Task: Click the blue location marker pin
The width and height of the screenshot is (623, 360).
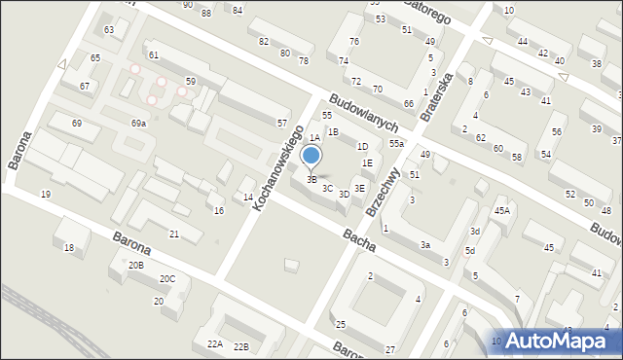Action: click(311, 156)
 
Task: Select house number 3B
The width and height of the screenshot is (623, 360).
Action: click(311, 179)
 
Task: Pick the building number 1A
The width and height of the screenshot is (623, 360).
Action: click(314, 139)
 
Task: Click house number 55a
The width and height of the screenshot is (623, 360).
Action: click(396, 144)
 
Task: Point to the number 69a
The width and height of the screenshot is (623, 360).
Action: click(138, 124)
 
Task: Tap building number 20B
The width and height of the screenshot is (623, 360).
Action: click(135, 265)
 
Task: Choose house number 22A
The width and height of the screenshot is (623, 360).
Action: click(214, 344)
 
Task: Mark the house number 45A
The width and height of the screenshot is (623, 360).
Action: click(501, 210)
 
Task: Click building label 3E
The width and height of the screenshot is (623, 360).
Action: click(359, 188)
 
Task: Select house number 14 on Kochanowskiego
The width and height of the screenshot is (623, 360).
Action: click(248, 198)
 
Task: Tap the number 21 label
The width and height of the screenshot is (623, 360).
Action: click(174, 234)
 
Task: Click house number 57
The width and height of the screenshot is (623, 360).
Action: click(281, 124)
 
